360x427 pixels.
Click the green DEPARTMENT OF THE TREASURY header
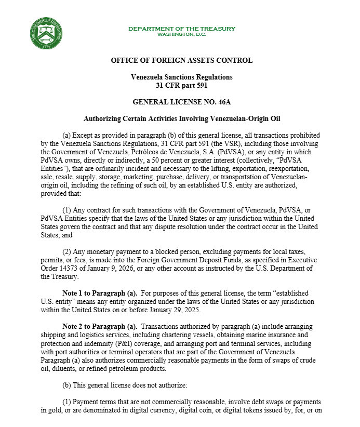182,29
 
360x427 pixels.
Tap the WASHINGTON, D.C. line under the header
182,34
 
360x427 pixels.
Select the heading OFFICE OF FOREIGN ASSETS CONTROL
182,61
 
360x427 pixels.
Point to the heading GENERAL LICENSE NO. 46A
182,102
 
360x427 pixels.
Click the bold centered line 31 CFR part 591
182,85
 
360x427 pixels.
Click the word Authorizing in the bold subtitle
104,119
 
